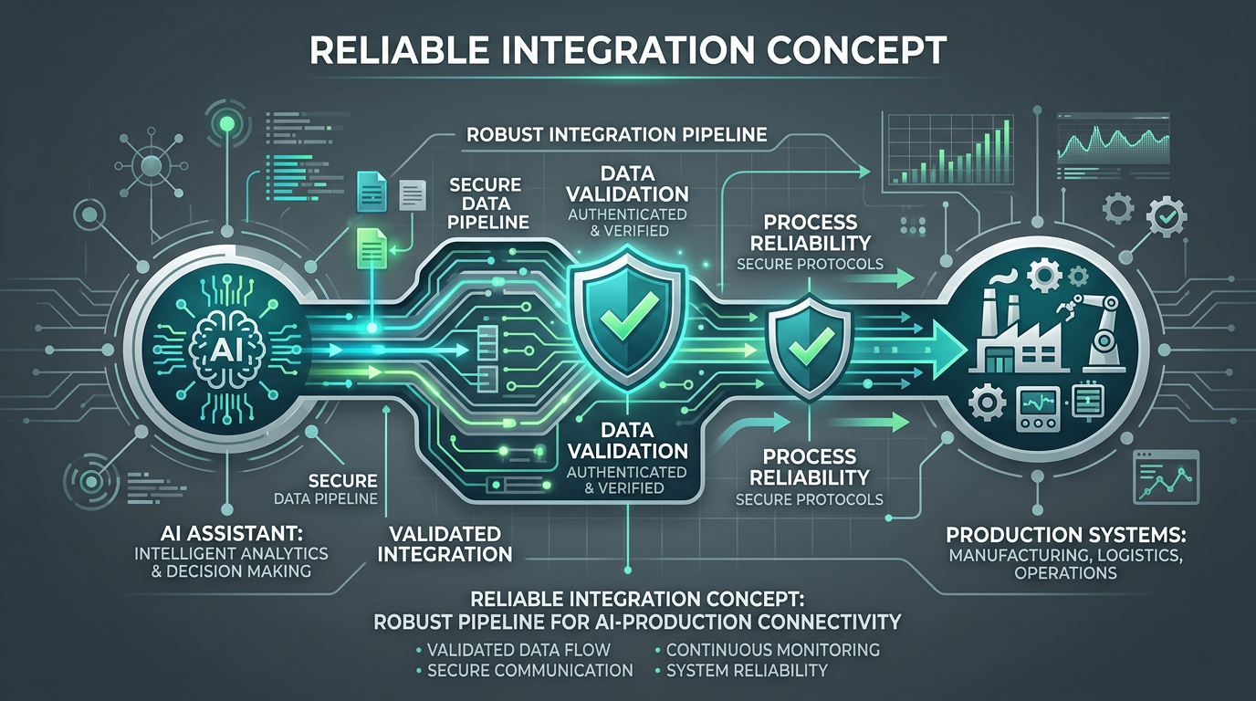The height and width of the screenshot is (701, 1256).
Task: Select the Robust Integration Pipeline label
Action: point(616,135)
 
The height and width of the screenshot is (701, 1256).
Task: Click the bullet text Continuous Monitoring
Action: point(772,650)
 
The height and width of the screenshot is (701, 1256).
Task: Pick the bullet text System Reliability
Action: point(747,670)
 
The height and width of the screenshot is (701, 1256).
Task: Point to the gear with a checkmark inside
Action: point(1166,217)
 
